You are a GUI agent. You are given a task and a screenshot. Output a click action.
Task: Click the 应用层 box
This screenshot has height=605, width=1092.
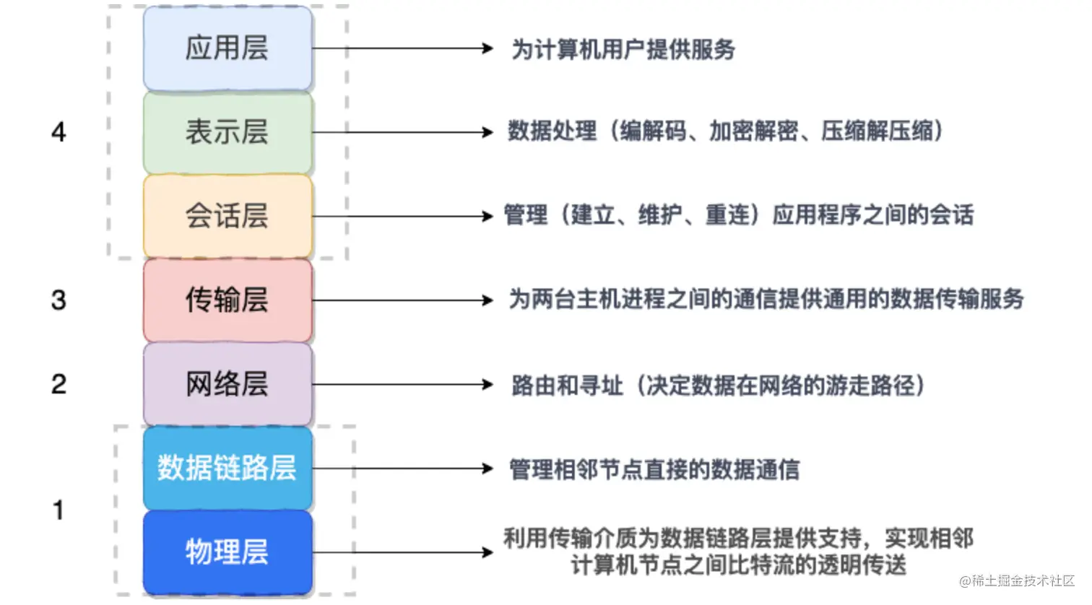pyautogui.click(x=227, y=48)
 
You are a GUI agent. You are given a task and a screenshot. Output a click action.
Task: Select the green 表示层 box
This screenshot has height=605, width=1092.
pyautogui.click(x=227, y=132)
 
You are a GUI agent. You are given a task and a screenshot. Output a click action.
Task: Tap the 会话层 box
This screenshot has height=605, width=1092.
pyautogui.click(x=227, y=216)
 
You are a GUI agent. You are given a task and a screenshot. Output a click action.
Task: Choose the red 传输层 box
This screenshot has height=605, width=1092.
pyautogui.click(x=227, y=300)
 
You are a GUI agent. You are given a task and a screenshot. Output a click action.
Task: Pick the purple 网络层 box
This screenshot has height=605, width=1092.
pyautogui.click(x=227, y=383)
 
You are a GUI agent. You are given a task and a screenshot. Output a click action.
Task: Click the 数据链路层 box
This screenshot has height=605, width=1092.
pyautogui.click(x=227, y=468)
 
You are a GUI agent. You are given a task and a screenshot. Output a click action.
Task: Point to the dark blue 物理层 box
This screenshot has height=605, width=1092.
pyautogui.click(x=227, y=552)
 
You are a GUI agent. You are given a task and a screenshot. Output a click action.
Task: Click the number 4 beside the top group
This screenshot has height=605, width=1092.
pyautogui.click(x=58, y=132)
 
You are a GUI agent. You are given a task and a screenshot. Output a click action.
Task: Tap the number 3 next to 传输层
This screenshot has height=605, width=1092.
pyautogui.click(x=58, y=300)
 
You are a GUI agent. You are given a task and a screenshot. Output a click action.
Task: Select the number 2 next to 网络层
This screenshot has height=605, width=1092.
pyautogui.click(x=58, y=384)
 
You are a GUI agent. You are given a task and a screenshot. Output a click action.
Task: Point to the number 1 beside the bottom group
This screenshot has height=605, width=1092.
pyautogui.click(x=58, y=510)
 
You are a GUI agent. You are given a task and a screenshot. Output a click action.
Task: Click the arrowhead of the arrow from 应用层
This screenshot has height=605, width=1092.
pyautogui.click(x=488, y=48)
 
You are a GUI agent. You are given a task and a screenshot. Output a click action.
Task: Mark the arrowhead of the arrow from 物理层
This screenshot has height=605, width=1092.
pyautogui.click(x=488, y=552)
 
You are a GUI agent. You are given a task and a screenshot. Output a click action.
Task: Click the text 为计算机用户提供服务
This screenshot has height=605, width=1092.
pyautogui.click(x=623, y=49)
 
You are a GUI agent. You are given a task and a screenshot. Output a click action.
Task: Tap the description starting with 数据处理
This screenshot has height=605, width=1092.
pyautogui.click(x=725, y=131)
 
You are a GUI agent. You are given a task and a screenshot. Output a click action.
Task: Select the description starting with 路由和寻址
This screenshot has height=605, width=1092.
pyautogui.click(x=718, y=385)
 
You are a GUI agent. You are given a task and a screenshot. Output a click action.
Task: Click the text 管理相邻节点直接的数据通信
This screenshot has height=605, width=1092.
pyautogui.click(x=654, y=469)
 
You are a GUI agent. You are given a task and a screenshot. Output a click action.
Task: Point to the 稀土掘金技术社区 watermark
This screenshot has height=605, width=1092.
pyautogui.click(x=1017, y=580)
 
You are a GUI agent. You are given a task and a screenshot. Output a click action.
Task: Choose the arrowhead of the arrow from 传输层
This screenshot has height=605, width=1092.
pyautogui.click(x=488, y=300)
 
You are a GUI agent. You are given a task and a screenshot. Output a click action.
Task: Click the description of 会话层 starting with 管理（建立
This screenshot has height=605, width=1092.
pyautogui.click(x=738, y=214)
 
